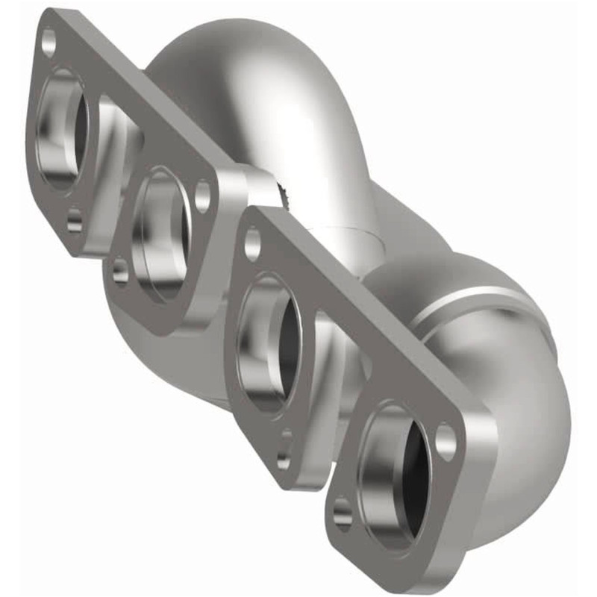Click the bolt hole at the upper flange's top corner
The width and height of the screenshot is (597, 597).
point(49,40)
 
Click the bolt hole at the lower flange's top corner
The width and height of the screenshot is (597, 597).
point(252,243)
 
